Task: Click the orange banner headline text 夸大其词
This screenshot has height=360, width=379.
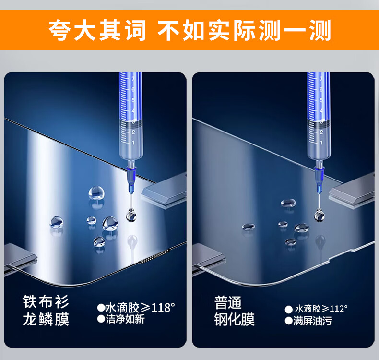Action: tap(97, 30)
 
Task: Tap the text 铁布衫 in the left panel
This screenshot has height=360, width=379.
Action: tap(46, 302)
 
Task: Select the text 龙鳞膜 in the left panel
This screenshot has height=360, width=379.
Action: tap(46, 319)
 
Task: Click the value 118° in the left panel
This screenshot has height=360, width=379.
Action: tap(163, 308)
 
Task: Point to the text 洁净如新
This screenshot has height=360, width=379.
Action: tap(125, 319)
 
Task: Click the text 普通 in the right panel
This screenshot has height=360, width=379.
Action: tap(228, 302)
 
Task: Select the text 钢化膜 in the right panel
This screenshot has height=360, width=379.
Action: tap(235, 319)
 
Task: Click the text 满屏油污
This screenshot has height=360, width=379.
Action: tap(312, 321)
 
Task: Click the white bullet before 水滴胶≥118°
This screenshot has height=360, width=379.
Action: tap(101, 308)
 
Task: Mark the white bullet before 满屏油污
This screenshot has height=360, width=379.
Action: tap(289, 321)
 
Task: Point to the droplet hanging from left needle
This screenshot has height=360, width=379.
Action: tap(131, 215)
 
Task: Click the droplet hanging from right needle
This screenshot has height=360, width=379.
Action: tap(319, 216)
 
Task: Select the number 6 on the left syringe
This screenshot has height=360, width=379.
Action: tap(133, 89)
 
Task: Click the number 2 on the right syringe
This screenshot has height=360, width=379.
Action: tap(321, 132)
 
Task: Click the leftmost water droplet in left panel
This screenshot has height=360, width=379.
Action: tap(57, 222)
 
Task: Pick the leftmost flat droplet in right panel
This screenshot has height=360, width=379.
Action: tap(248, 227)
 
